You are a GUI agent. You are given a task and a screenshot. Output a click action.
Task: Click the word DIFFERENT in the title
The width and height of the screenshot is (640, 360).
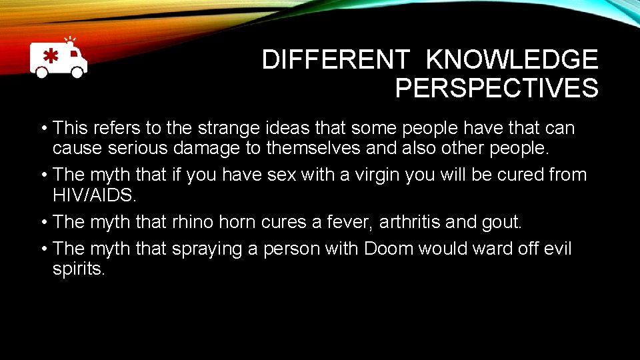335,60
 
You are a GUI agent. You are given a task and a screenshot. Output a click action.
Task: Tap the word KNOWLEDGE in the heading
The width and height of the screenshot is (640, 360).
512,60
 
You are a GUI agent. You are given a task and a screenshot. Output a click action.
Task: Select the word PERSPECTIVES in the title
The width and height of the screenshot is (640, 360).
497,88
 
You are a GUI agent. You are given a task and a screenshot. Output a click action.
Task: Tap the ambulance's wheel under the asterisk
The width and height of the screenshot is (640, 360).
41,72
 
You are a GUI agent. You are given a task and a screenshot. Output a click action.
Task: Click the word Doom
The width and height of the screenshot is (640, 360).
389,248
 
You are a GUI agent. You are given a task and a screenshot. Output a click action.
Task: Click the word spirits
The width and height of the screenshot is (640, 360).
79,269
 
